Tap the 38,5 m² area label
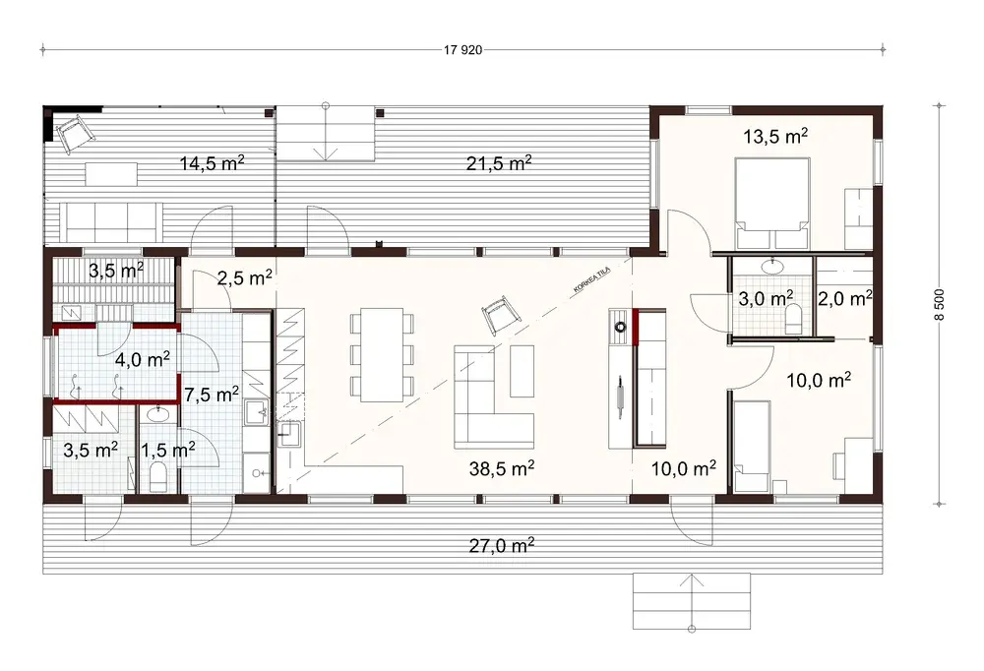point(502,468)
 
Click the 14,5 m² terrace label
point(212,163)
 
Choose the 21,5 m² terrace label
point(499,163)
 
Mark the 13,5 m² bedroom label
point(774,137)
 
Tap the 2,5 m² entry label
point(246,278)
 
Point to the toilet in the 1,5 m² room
point(158,477)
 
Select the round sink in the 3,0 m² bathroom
point(773,266)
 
